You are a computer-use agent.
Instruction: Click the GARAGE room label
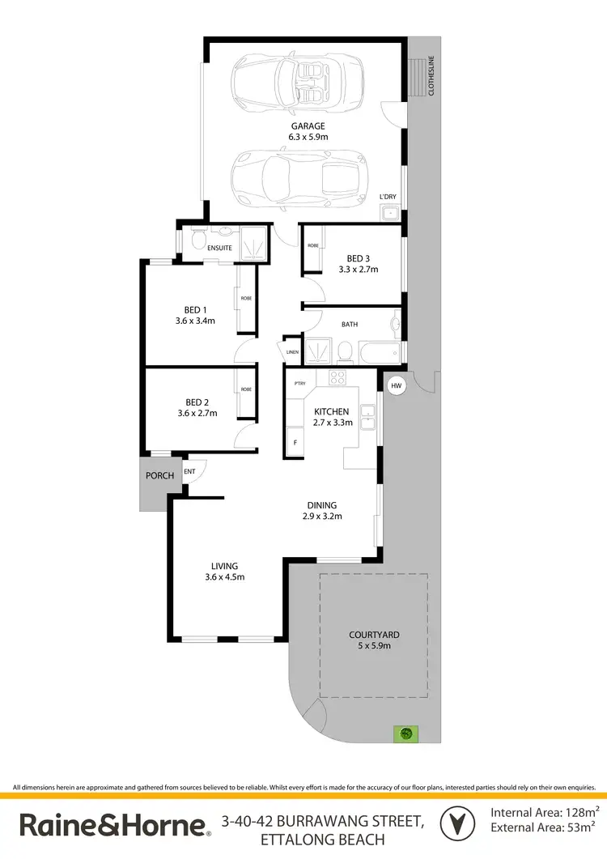[308, 126]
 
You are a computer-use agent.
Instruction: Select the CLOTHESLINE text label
[431, 76]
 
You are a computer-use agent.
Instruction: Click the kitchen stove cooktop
[337, 377]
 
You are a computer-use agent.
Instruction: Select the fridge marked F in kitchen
[294, 443]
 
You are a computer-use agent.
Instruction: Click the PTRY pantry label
[299, 384]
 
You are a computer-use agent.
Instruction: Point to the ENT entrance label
[189, 470]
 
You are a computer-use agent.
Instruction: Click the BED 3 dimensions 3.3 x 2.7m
[358, 270]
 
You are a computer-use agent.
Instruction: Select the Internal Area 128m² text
[545, 811]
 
